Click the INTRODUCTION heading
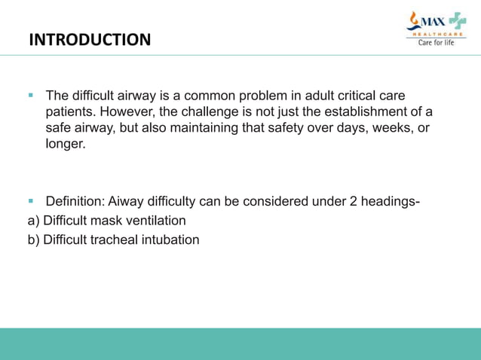pyautogui.click(x=90, y=39)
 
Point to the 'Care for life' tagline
pyautogui.click(x=437, y=42)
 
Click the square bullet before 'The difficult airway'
pyautogui.click(x=32, y=96)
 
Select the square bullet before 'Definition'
pyautogui.click(x=32, y=201)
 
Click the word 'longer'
pyautogui.click(x=65, y=144)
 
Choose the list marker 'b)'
pyautogui.click(x=33, y=240)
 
